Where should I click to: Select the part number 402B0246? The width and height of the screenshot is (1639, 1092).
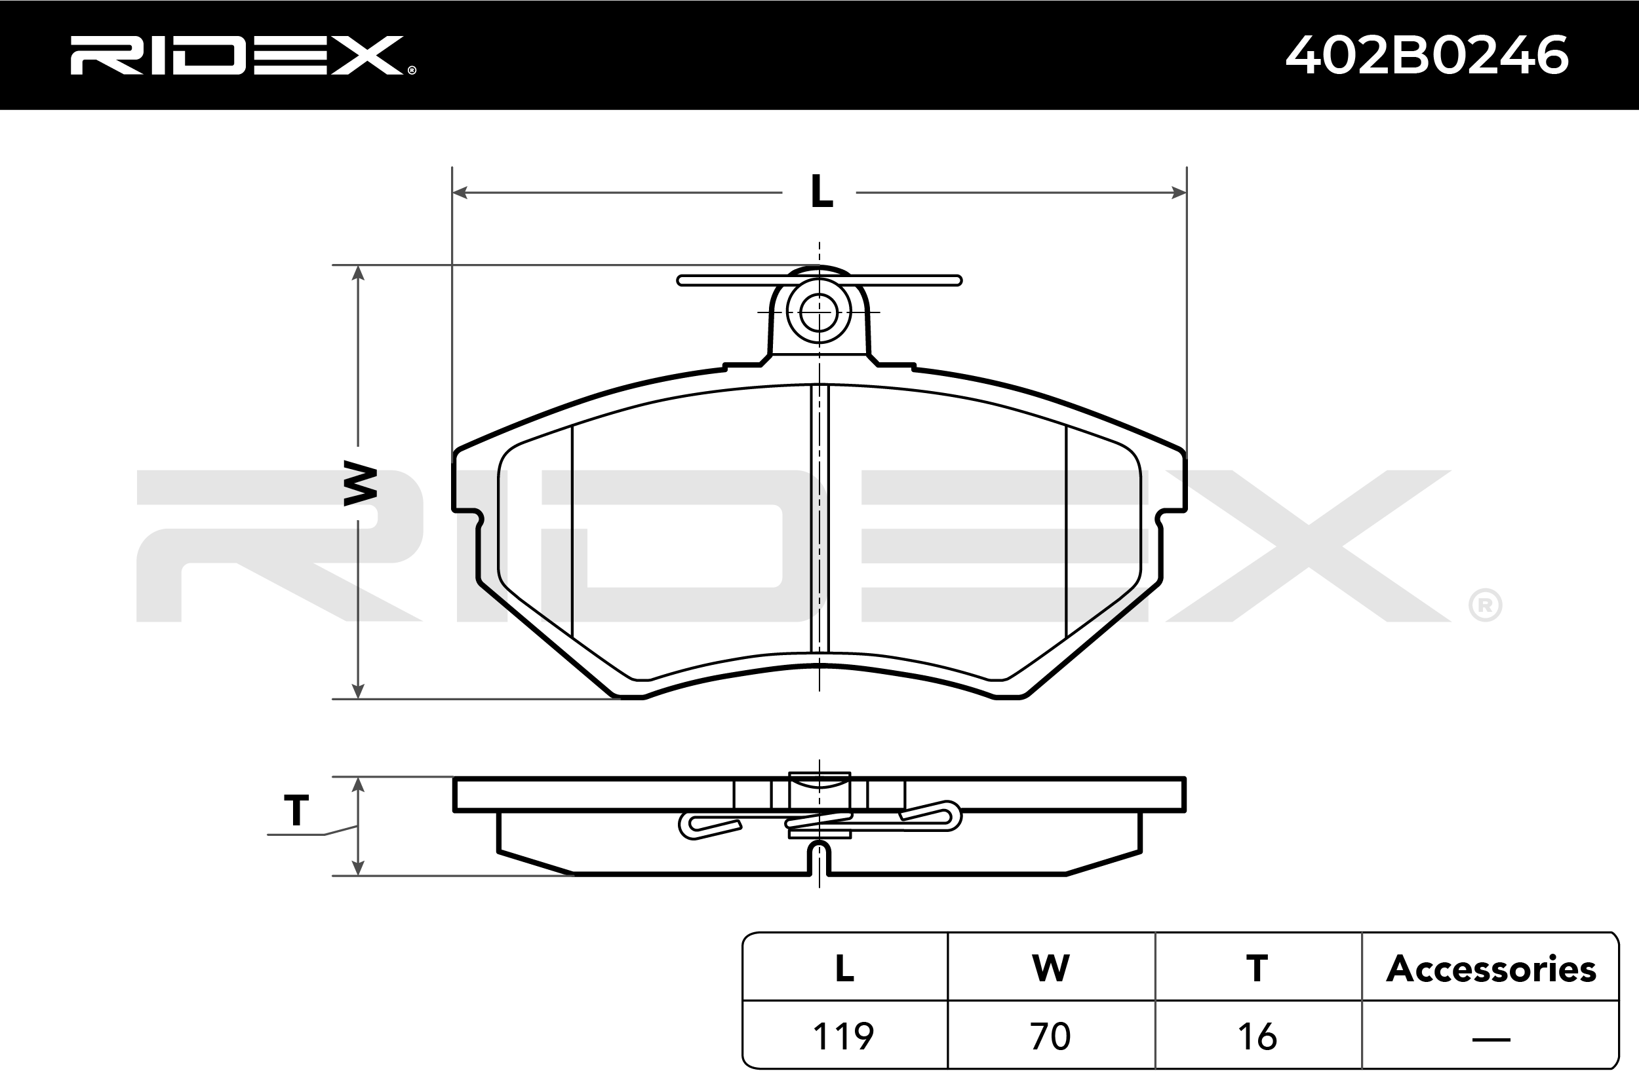(x=1427, y=55)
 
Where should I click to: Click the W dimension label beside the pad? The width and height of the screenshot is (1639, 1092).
(x=361, y=483)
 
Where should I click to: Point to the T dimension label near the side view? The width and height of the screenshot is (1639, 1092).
(x=296, y=810)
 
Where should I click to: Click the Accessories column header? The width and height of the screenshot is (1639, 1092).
(x=1491, y=969)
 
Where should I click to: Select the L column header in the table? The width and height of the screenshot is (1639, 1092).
(x=844, y=969)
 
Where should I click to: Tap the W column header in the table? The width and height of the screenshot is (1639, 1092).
(x=1050, y=969)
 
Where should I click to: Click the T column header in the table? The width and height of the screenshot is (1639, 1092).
(x=1257, y=969)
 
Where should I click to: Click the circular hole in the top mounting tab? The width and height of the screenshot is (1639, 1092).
(x=819, y=312)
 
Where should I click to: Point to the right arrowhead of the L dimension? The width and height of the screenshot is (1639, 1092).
(x=1178, y=192)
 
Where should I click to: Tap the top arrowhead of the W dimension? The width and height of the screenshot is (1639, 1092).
(x=358, y=273)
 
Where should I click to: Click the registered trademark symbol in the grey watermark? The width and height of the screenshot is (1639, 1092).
(x=1484, y=606)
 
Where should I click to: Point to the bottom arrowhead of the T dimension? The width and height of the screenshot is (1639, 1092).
(x=358, y=868)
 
